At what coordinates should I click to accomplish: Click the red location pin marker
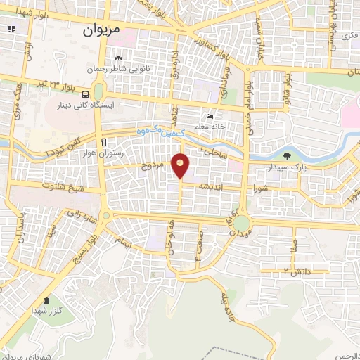pos(181,165)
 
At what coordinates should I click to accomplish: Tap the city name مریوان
pos(102,30)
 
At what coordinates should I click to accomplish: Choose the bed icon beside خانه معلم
pos(209,117)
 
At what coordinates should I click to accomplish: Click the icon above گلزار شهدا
pos(46,300)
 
